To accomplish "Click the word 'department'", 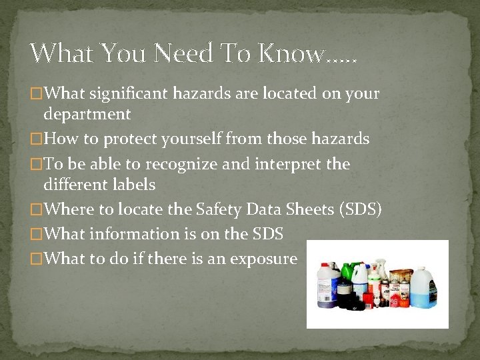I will tap(87, 114).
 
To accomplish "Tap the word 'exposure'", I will tap(263, 259).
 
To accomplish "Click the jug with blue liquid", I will tap(422, 288).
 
